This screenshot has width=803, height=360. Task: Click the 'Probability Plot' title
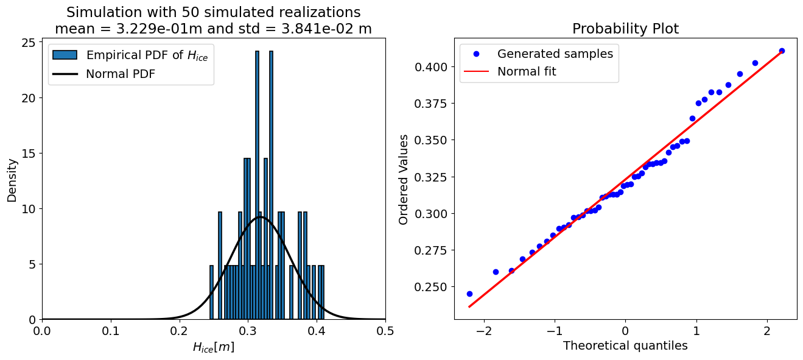(625, 29)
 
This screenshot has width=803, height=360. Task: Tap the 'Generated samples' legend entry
(555, 54)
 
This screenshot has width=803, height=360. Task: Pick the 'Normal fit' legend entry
(527, 71)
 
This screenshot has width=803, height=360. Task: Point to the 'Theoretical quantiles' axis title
(625, 346)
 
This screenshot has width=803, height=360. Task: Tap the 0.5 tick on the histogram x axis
(385, 331)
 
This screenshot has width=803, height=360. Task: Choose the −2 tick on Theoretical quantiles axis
(484, 331)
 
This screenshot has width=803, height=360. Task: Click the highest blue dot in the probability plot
(782, 51)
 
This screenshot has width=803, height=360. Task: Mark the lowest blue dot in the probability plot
(469, 294)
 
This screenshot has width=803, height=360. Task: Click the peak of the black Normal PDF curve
(261, 217)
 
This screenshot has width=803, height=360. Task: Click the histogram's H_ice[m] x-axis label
(213, 347)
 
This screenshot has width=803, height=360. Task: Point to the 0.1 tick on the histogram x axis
(111, 331)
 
